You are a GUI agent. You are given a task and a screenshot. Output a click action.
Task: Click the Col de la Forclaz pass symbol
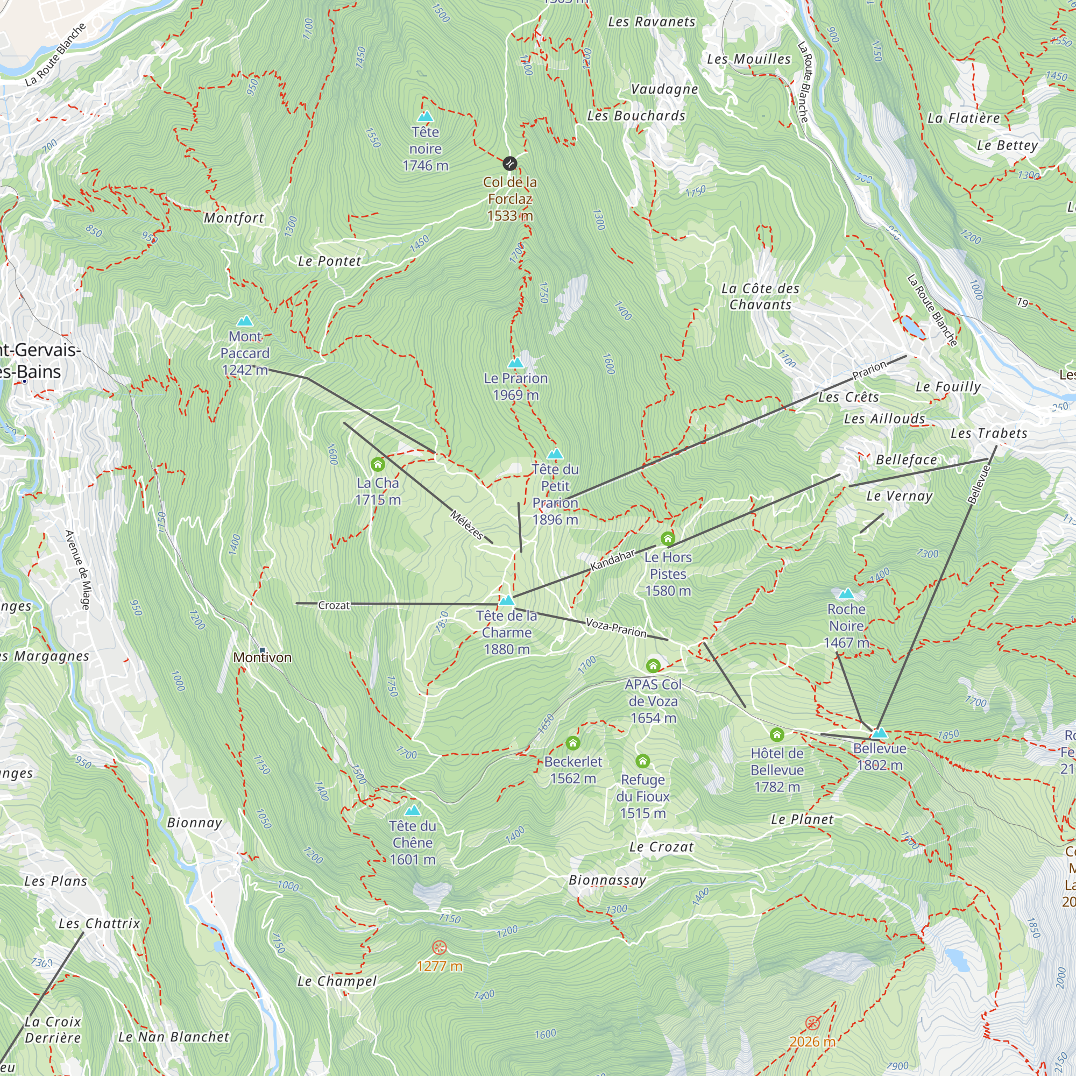point(509,163)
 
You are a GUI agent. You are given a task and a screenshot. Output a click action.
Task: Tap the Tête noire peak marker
point(426,116)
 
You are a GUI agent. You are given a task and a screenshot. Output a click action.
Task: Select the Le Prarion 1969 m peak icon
point(516,363)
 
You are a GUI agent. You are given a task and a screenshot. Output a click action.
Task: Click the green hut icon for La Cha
point(378,464)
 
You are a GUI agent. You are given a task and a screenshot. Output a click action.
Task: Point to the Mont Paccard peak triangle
point(244,321)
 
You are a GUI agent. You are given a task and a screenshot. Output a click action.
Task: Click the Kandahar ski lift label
point(613,560)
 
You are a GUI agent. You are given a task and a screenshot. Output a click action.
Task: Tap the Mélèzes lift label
point(466,525)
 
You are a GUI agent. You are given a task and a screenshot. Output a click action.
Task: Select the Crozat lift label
point(334,605)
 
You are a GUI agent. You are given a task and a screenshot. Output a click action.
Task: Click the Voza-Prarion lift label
point(616,628)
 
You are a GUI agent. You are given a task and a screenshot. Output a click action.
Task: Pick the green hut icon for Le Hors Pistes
point(667,539)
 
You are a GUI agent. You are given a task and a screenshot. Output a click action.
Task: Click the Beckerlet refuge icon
point(572,743)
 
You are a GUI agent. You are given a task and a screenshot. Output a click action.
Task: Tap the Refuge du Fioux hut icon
point(642,761)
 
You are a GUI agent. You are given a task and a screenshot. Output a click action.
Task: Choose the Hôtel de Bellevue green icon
point(776,734)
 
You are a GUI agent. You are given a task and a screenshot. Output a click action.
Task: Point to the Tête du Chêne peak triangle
point(412,810)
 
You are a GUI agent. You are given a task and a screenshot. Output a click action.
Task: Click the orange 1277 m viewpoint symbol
point(440,947)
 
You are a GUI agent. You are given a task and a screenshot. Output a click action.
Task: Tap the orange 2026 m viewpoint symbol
point(812,1023)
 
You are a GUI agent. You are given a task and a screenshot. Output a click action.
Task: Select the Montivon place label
point(263,658)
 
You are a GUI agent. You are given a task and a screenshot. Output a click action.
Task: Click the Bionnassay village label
point(607,880)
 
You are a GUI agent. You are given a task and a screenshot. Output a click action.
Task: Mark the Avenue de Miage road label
point(77,570)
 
